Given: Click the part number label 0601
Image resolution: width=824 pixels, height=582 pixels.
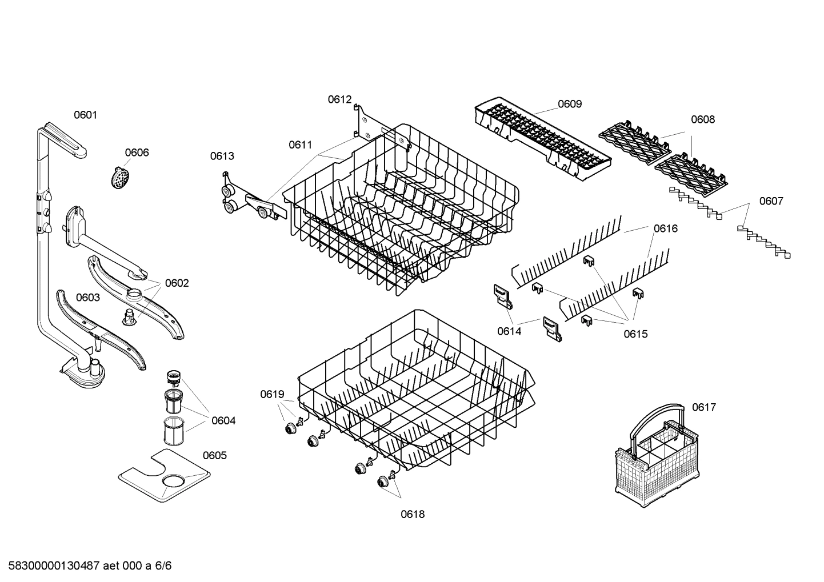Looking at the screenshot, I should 85,115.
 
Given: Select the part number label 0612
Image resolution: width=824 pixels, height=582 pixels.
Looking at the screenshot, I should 339,99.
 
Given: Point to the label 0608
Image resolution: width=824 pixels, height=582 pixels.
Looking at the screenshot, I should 702,119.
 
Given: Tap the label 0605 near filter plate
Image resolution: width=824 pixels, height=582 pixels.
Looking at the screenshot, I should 214,455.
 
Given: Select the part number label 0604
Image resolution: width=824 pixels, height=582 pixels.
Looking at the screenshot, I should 223,421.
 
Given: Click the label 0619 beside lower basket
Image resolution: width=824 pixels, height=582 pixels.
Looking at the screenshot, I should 272,394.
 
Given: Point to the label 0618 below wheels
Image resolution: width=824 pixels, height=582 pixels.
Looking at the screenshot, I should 412,514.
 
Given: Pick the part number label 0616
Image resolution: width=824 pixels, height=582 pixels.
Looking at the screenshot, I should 666,228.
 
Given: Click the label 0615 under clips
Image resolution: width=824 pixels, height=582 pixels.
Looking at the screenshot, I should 635,334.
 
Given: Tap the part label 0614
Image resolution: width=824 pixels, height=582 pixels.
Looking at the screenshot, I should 509,331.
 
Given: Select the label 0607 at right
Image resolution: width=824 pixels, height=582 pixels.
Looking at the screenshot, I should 771,201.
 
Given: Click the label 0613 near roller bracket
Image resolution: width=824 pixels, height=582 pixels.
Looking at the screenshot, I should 222,156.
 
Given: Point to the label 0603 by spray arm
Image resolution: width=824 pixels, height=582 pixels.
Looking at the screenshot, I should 87,298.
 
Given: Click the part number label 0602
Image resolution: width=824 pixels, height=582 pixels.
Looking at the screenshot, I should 177,283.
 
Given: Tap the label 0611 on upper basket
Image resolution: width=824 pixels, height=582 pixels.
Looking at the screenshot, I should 300,145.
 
